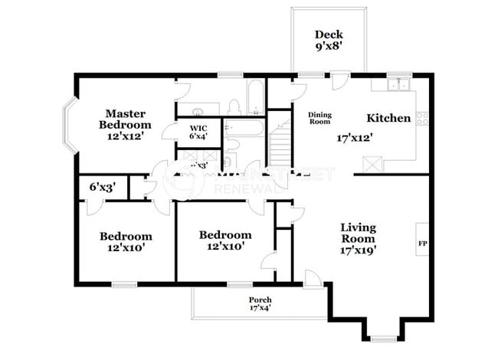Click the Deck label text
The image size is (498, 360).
pos(329,34)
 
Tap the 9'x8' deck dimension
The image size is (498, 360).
pos(329,47)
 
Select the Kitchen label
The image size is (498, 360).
pos(388,118)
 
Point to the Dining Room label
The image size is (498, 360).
pos(319,117)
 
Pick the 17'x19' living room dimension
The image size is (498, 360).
pos(359,250)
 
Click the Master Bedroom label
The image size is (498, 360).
pos(126,119)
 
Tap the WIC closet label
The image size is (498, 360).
pos(198,128)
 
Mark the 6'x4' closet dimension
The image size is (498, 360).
pos(198,136)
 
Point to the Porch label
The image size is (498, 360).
pos(260,299)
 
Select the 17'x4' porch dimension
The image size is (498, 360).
pos(260,308)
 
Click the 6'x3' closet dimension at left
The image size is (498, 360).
pos(100,186)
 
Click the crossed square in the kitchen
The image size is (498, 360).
pos(374,163)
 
